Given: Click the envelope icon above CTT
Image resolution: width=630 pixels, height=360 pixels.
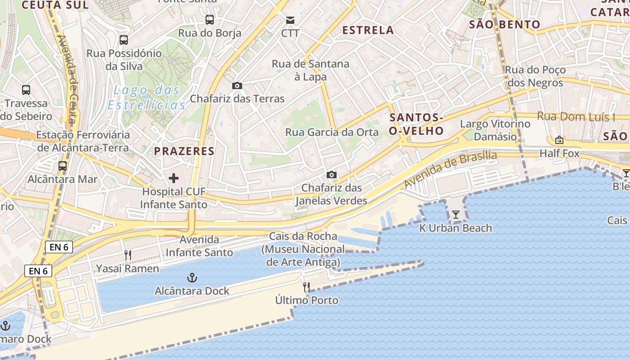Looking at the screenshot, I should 290,20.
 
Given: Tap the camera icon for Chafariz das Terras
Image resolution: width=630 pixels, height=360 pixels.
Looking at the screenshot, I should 237,85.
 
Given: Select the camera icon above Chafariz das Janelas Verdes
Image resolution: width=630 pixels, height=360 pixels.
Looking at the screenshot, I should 331,175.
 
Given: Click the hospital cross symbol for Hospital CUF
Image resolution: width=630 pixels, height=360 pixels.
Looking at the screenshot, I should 173,178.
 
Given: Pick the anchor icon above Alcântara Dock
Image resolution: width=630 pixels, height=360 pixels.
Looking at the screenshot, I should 192,277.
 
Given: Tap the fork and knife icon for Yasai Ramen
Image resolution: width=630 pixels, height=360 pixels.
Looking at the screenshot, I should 128,255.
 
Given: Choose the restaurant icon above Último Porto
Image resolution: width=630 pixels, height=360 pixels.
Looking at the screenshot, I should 306,287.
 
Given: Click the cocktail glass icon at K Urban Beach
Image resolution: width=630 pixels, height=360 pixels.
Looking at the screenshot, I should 455,215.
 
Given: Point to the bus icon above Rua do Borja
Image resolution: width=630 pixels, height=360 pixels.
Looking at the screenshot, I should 210,19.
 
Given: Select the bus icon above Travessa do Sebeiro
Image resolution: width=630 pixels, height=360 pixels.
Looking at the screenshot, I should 26,90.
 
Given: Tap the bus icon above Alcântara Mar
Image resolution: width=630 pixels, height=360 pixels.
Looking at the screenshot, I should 63,166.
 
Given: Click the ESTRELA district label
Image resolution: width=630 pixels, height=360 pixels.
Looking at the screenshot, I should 368,30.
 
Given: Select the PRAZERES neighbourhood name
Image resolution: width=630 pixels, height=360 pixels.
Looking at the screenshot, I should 184,151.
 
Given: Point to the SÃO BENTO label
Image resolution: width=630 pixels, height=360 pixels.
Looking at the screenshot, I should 504,24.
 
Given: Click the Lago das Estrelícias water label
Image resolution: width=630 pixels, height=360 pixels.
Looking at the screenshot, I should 146,98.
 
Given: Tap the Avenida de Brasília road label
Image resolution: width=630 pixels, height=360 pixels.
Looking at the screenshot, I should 450,170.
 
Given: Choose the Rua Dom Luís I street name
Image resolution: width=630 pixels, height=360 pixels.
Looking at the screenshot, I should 576,117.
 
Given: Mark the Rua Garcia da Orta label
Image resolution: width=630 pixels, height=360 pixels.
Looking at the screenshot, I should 332,132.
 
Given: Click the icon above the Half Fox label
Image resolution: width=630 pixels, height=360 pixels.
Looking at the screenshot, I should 559,140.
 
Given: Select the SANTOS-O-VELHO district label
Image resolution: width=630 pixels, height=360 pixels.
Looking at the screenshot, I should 417,124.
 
